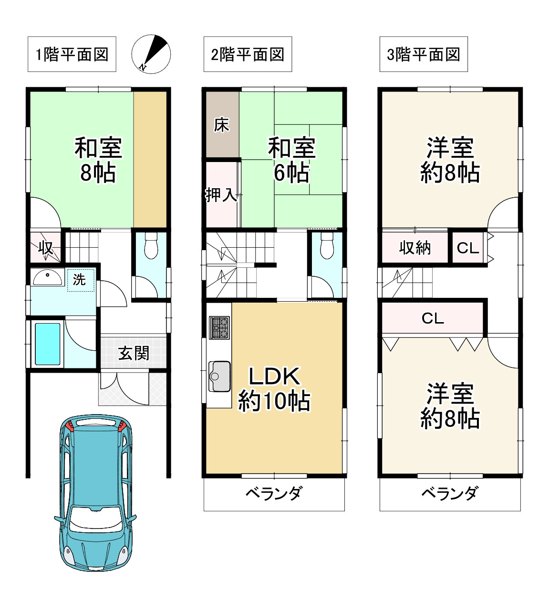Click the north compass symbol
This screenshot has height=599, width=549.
151,54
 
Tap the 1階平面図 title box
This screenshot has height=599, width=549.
72,54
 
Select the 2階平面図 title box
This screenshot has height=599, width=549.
248,54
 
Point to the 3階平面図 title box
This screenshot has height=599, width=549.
424,54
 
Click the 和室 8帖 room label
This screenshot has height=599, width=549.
98,160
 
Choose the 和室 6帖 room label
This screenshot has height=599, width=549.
291,160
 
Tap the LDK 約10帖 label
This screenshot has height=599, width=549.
274,389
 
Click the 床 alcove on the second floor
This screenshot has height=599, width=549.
221,125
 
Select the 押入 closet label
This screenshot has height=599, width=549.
221,194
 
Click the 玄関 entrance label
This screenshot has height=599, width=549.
134,353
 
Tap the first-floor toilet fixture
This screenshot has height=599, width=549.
151,245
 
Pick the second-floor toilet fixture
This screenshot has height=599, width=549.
327,245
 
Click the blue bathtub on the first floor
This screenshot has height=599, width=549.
48,344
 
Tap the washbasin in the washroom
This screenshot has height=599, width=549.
47,278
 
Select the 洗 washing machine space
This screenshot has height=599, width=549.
80,280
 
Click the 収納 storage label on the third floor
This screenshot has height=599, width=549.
415,248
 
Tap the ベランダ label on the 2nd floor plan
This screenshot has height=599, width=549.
274,493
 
